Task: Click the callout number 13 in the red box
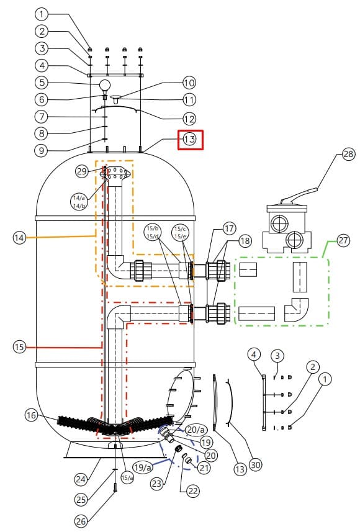190,139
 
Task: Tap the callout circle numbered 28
348,155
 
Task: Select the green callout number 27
343,241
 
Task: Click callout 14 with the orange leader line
20,238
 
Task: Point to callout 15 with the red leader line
20,347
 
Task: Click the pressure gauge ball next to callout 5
105,85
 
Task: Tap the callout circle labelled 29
82,171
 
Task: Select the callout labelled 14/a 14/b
79,202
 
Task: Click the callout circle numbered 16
32,415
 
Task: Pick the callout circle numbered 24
81,479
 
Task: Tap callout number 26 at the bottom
81,521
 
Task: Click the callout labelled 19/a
143,467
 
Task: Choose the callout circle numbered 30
256,464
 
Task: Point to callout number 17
230,228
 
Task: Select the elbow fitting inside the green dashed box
296,310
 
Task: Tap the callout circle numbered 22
192,491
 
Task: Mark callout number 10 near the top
189,83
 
